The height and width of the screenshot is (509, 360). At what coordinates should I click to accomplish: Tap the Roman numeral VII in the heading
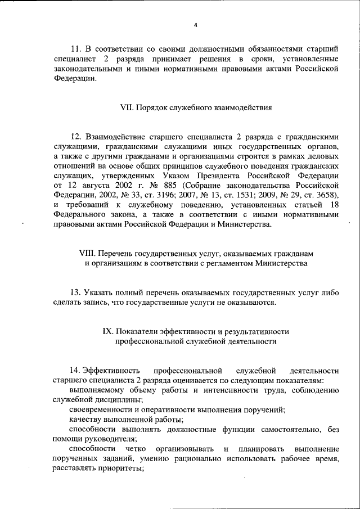(x=127, y=106)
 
